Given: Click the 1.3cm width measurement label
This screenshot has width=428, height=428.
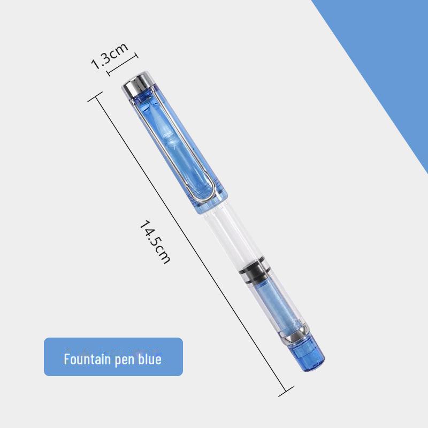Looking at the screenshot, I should click(x=109, y=55).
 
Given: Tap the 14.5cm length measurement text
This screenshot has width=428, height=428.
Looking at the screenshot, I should click(x=155, y=241).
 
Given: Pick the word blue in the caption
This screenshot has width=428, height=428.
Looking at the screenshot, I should click(x=149, y=358).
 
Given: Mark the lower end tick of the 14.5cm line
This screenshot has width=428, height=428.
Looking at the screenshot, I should click(x=286, y=391).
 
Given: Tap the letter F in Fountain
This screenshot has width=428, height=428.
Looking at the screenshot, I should click(x=67, y=358).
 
